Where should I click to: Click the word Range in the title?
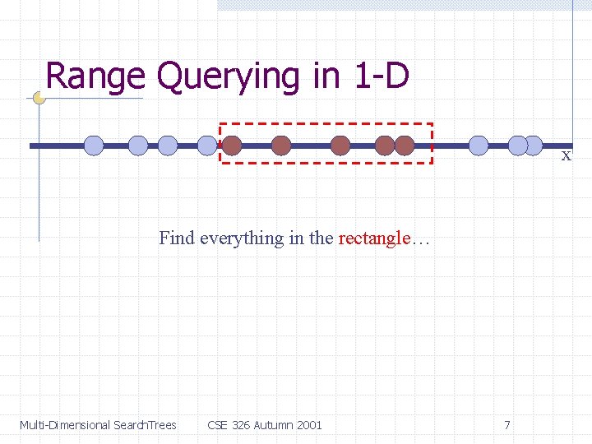coord(95,76)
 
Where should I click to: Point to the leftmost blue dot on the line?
coord(94,146)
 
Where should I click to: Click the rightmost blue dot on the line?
coord(534,146)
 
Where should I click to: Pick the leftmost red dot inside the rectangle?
coord(232,146)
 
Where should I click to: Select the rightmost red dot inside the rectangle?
coord(405,146)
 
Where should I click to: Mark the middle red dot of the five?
coord(340,146)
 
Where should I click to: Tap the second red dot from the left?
coord(282,146)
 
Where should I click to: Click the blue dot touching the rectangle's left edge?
coord(208,146)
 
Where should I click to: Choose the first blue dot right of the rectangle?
coord(479,146)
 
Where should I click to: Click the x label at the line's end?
coord(566,155)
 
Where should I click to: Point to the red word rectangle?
coord(374,238)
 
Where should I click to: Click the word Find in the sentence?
coord(177,238)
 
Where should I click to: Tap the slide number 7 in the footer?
coord(506,425)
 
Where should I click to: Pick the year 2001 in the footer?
coord(310,425)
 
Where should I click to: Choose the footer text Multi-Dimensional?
coord(65,425)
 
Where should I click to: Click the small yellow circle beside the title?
coord(39,97)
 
